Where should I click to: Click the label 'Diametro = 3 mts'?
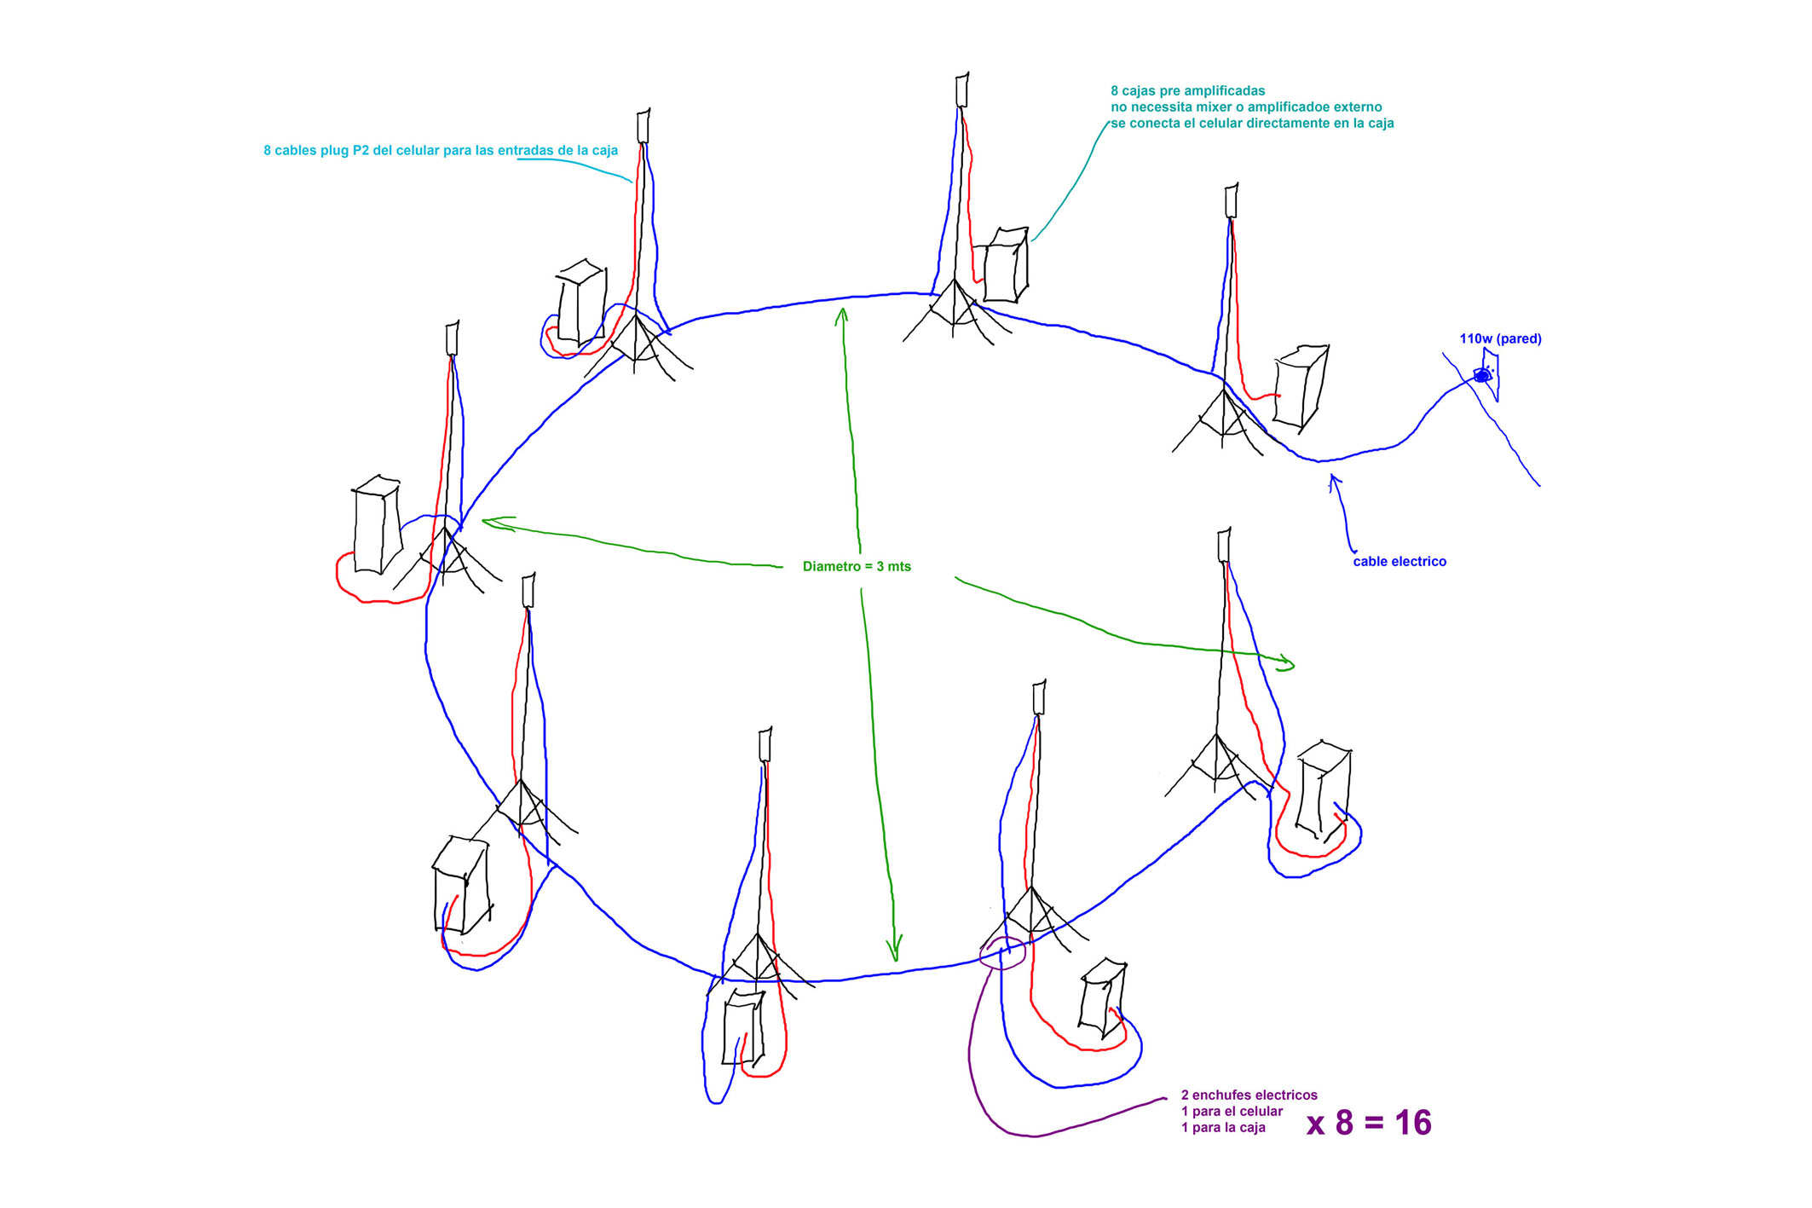coord(857,567)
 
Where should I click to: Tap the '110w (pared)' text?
coord(1500,339)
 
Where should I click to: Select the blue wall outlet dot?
coord(1482,375)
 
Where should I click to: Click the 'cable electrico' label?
coord(1399,562)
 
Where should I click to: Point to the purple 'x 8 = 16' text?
coord(1369,1123)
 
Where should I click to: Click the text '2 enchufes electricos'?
coord(1249,1095)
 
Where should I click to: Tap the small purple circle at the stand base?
coord(1002,953)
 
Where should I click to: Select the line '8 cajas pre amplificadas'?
coord(1187,91)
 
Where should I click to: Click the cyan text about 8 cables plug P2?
coord(440,151)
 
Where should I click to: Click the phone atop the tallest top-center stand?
coord(962,90)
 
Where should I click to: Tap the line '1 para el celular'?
coord(1232,1112)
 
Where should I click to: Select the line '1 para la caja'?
coord(1223,1128)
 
